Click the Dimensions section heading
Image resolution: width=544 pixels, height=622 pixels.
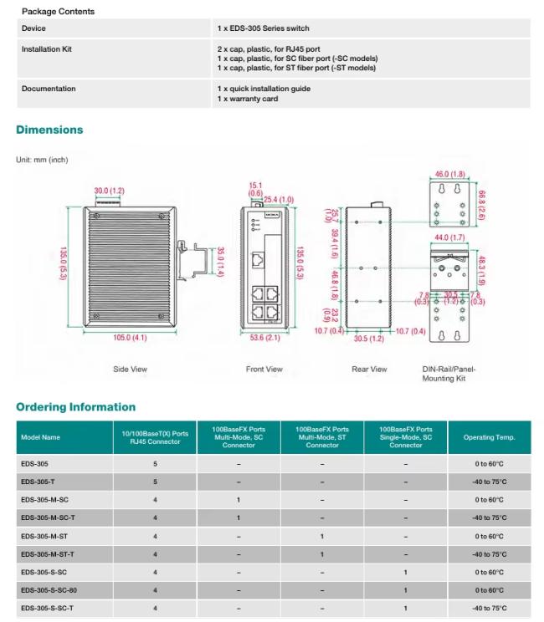point(49,130)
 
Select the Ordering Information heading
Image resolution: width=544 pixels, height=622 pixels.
point(75,407)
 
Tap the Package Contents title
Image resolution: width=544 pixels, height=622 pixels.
point(58,12)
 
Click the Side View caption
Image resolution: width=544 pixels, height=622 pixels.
point(130,369)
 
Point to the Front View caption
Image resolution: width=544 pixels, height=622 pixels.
point(264,369)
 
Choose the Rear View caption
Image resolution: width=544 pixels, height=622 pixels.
point(369,369)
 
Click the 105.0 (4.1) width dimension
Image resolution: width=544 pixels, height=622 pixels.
point(129,337)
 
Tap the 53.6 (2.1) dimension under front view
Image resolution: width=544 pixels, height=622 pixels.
point(264,337)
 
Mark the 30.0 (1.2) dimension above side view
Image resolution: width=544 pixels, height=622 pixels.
point(109,191)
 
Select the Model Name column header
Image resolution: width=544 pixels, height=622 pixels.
point(40,437)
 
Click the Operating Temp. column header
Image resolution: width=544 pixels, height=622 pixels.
point(489,437)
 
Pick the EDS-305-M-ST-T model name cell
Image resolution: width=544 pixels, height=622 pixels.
point(48,554)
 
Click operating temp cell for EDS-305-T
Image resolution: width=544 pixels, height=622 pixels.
point(489,482)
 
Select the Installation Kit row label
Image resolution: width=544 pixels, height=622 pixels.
point(46,49)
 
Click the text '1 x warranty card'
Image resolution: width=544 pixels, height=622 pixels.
point(247,99)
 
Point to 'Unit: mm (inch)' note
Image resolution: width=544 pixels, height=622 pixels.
point(42,160)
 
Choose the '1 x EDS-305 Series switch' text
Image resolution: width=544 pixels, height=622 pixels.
point(263,28)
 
